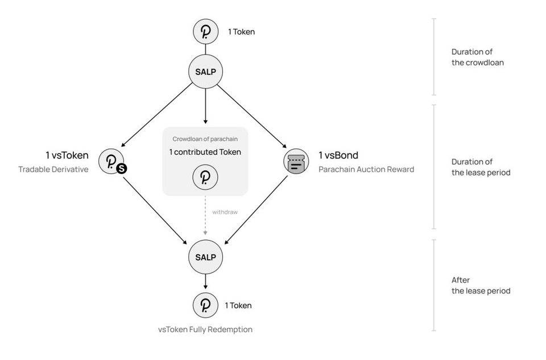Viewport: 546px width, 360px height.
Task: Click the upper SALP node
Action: (205, 72)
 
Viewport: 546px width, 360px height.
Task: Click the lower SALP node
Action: (205, 257)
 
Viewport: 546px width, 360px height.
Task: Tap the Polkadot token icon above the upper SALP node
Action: (205, 32)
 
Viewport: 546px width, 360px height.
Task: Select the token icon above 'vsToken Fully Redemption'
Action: (205, 305)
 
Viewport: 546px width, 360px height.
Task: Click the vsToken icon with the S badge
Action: (111, 162)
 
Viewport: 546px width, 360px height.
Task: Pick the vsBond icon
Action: (296, 162)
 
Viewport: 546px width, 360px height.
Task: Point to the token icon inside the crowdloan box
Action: (205, 177)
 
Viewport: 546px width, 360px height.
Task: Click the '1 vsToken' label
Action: (67, 155)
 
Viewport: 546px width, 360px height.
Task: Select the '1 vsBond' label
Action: (338, 155)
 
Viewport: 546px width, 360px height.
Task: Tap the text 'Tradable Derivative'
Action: (53, 169)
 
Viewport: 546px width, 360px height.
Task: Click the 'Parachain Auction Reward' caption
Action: (366, 169)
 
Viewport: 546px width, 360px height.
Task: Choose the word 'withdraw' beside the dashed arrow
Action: (225, 212)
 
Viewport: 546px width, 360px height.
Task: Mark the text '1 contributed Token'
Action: (205, 152)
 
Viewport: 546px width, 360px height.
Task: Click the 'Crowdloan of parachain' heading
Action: (205, 139)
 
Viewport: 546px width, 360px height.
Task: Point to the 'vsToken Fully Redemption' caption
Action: (205, 329)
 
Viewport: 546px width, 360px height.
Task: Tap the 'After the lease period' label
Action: (480, 285)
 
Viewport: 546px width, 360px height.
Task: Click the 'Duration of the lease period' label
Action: (481, 167)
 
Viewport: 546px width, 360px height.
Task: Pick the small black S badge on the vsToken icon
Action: (121, 168)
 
